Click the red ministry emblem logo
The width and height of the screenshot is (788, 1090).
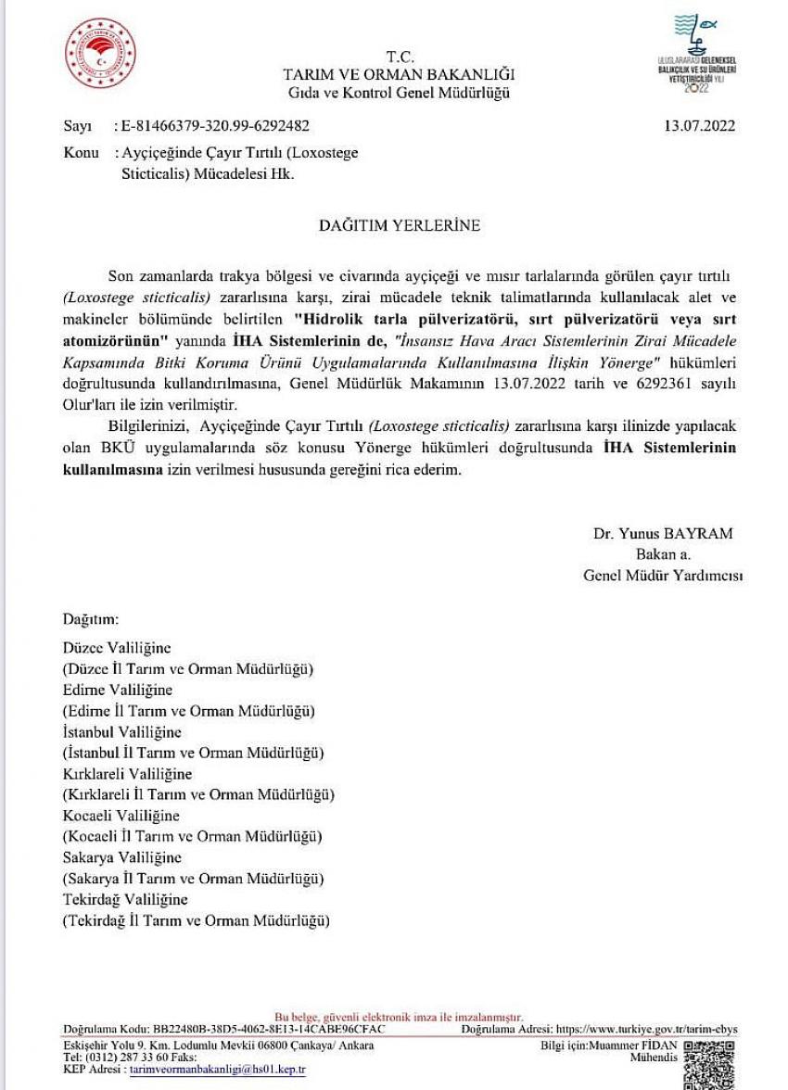100,54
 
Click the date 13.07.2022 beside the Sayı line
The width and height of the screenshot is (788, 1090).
700,126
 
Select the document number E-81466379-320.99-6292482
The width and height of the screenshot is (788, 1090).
211,126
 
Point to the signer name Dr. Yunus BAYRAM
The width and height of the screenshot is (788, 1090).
663,533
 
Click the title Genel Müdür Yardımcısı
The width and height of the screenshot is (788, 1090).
663,576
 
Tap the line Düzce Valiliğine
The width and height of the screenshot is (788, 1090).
117,648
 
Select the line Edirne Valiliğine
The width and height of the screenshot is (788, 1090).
118,690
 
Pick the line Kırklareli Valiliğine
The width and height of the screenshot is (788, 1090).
127,774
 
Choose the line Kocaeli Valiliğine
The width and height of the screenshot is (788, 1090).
121,816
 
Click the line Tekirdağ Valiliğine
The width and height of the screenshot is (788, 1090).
125,899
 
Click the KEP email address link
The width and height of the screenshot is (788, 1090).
217,1069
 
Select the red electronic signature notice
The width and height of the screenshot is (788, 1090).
400,1017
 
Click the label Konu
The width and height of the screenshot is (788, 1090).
81,153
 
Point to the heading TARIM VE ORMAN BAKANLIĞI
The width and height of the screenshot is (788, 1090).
399,74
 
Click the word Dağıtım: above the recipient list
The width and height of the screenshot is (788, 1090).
91,618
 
